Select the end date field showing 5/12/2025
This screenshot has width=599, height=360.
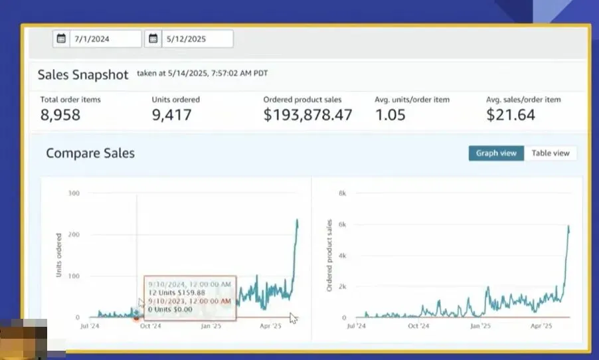click(197, 39)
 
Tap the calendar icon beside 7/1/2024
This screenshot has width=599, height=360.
click(61, 39)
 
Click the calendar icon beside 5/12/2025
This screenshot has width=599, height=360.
click(153, 39)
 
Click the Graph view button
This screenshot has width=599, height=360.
click(496, 153)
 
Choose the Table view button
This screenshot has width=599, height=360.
click(551, 153)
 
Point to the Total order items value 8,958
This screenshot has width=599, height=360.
click(60, 115)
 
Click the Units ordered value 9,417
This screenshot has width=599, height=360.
click(171, 115)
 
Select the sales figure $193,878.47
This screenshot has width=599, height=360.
click(307, 115)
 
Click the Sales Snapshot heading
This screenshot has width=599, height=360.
click(83, 75)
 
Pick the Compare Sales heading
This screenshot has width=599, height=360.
click(90, 153)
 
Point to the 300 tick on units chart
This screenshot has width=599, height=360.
click(73, 193)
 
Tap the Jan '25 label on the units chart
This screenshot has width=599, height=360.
click(211, 326)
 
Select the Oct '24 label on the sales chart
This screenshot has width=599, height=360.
click(418, 326)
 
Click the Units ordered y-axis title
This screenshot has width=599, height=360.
click(58, 254)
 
